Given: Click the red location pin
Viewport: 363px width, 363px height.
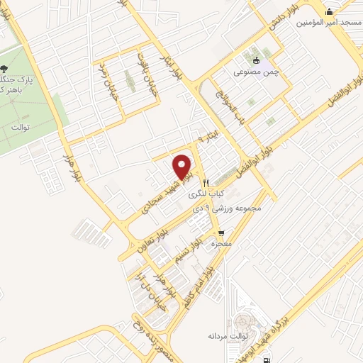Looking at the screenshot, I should pyautogui.click(x=184, y=167).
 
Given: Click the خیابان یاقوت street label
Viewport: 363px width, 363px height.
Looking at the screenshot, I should pyautogui.click(x=144, y=67).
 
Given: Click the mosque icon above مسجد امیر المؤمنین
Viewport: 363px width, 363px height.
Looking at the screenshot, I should pyautogui.click(x=329, y=12).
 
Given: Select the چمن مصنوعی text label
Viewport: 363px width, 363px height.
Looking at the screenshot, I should pyautogui.click(x=257, y=72).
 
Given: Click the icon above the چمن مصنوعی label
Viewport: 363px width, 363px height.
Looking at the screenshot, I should pyautogui.click(x=257, y=60).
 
